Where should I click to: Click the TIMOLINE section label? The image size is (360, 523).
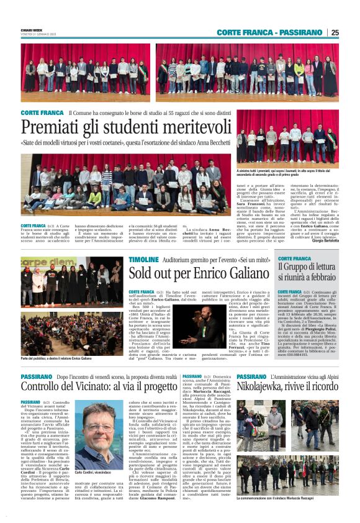143,258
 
